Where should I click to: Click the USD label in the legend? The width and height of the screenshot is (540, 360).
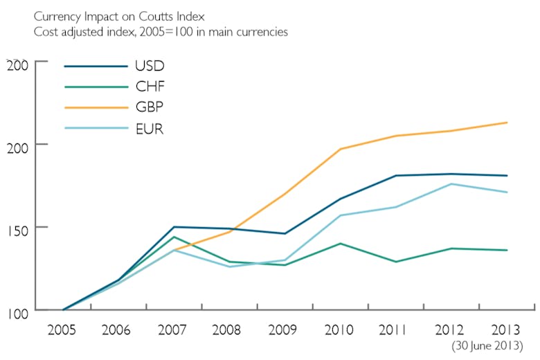click(x=150, y=67)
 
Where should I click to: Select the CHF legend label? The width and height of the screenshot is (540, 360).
click(x=150, y=87)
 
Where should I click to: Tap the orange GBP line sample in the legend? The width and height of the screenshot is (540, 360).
click(x=96, y=108)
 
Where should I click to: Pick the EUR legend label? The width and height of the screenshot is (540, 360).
click(x=150, y=129)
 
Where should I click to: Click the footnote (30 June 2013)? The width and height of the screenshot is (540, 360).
click(x=487, y=345)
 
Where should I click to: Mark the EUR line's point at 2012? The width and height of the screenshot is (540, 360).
click(x=451, y=183)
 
